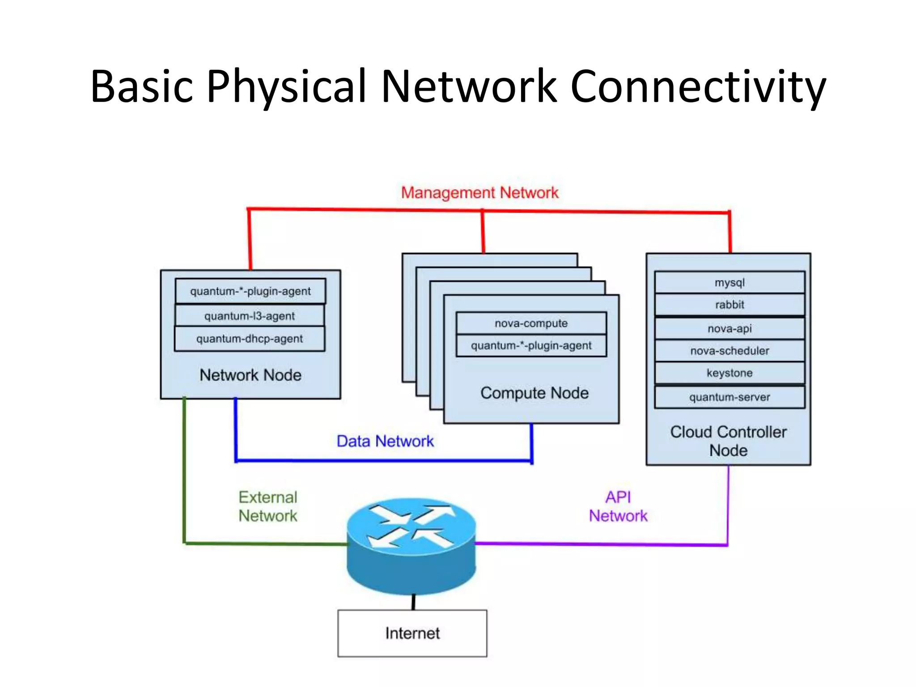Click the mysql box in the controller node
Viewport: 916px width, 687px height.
729,282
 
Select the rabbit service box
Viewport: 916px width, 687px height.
729,305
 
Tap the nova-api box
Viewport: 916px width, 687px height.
729,328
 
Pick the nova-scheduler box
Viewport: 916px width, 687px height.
729,351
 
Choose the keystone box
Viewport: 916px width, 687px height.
729,373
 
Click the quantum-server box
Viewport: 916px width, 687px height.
729,397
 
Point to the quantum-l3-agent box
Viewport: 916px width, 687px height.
250,316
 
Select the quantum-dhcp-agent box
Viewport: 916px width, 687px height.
250,339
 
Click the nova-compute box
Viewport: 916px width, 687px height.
531,323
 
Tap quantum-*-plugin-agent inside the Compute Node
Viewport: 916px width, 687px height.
531,345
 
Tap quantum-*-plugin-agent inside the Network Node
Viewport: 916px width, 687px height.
250,291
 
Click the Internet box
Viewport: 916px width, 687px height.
412,633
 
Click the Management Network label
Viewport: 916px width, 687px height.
479,193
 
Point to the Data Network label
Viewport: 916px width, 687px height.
385,441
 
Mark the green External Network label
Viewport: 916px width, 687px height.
267,506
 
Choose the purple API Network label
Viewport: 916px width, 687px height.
618,506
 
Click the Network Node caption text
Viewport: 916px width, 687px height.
250,375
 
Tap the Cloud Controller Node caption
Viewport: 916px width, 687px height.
728,441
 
